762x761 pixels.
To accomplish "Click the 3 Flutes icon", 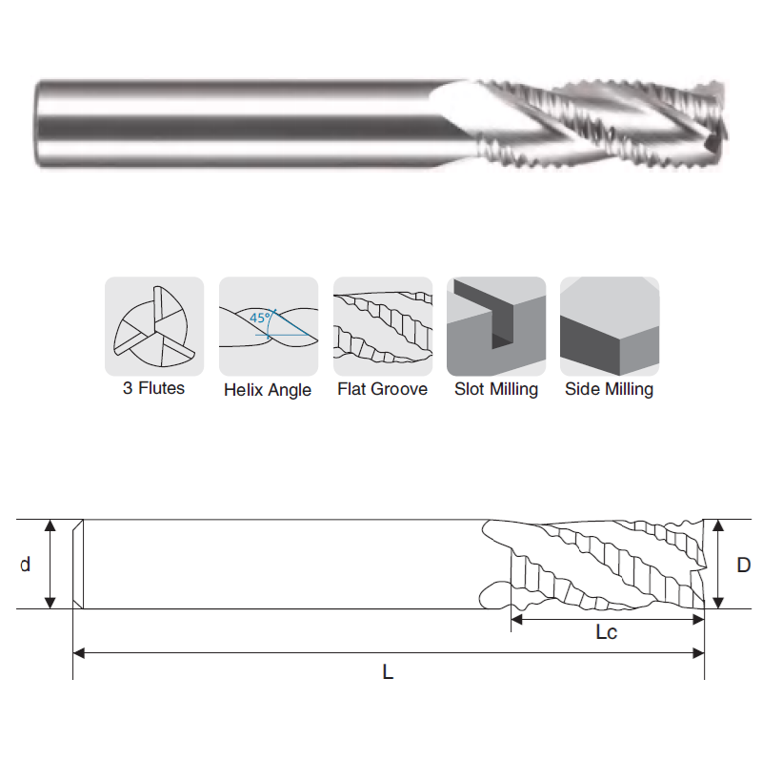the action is [x=154, y=326].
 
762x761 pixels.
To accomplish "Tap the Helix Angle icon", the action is [x=269, y=326].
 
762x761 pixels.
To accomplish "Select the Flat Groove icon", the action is [x=383, y=326].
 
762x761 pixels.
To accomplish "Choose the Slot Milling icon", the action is [x=496, y=326].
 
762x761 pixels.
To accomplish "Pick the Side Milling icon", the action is [x=610, y=326].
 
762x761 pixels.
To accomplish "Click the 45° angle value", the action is [x=260, y=318].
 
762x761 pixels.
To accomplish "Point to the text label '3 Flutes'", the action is [x=153, y=388].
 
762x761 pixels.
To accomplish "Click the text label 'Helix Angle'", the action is [x=268, y=390].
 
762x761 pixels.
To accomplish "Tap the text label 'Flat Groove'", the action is [x=383, y=389].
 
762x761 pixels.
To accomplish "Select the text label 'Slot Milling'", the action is [x=496, y=390].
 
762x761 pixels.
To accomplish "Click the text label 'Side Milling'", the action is [x=609, y=390].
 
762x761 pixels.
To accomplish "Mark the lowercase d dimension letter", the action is [x=26, y=565].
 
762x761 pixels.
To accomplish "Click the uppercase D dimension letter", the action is [x=744, y=565].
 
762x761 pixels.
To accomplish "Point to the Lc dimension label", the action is [x=607, y=632].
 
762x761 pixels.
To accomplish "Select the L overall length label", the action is [x=388, y=672].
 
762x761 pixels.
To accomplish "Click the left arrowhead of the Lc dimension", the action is [x=516, y=620].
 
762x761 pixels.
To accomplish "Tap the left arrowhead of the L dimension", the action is [x=79, y=653].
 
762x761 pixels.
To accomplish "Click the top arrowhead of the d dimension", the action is [x=50, y=525].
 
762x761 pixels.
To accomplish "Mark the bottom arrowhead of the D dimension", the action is [x=718, y=603].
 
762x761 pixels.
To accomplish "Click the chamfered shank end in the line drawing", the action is [x=78, y=564].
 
